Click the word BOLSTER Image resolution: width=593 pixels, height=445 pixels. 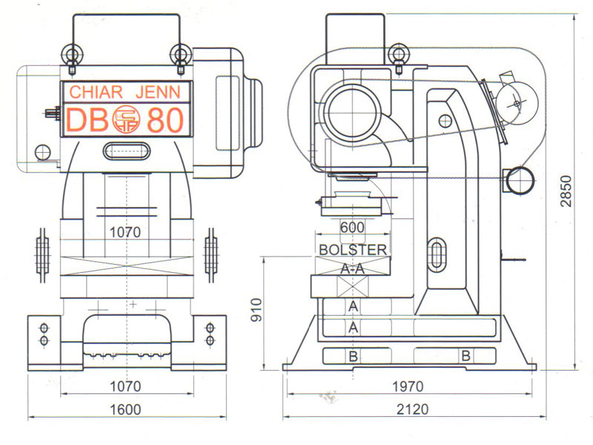353,250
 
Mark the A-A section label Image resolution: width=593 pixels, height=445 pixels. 353,269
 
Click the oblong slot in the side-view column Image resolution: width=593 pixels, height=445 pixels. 438,253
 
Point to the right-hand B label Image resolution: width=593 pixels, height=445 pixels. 466,356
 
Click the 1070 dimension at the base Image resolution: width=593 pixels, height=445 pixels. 125,386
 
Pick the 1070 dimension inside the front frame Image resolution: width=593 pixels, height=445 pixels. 125,231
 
